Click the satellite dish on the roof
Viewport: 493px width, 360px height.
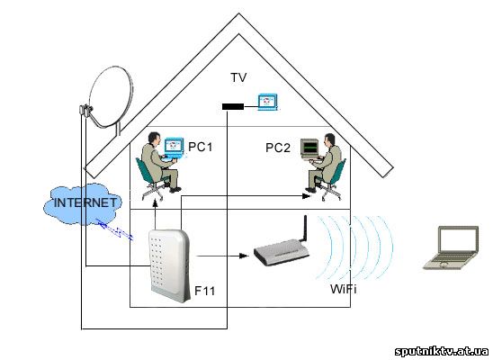110,97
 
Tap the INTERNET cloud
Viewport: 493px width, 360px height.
84,203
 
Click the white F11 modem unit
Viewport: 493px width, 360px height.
169,265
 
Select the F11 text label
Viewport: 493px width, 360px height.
205,291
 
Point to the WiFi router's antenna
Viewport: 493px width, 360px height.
305,229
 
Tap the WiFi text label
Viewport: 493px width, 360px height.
344,289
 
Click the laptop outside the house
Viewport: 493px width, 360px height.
452,247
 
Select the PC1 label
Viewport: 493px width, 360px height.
201,147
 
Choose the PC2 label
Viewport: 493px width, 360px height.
278,148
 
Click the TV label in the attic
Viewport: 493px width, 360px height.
238,77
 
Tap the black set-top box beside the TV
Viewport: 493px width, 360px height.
233,106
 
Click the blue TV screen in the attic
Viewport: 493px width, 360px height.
267,102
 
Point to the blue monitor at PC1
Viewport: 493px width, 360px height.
174,148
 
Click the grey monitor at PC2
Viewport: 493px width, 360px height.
309,148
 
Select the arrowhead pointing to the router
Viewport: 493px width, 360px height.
243,256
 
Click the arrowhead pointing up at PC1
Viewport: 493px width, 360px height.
155,203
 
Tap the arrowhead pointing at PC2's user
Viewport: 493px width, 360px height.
306,196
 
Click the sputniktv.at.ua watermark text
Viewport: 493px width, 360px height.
442,351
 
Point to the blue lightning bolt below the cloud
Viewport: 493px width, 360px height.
115,229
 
